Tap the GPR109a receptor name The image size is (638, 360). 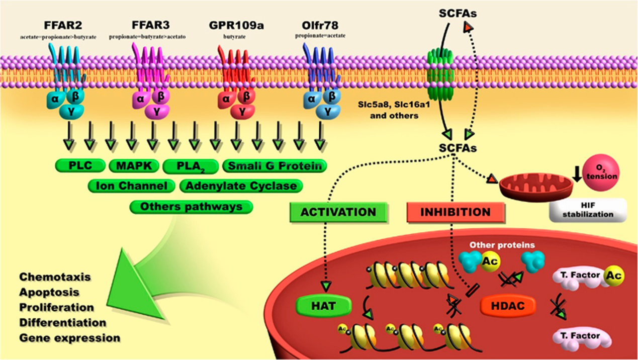click(236, 25)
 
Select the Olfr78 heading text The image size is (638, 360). click(320, 25)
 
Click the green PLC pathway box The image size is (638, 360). click(80, 166)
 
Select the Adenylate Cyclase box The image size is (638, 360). click(241, 186)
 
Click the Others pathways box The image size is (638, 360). click(191, 206)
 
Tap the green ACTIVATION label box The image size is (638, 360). click(338, 212)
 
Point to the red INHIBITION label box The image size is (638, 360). click(455, 212)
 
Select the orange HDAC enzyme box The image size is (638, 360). click(507, 306)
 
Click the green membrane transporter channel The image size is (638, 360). click(440, 72)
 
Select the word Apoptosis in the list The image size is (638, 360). click(49, 292)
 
